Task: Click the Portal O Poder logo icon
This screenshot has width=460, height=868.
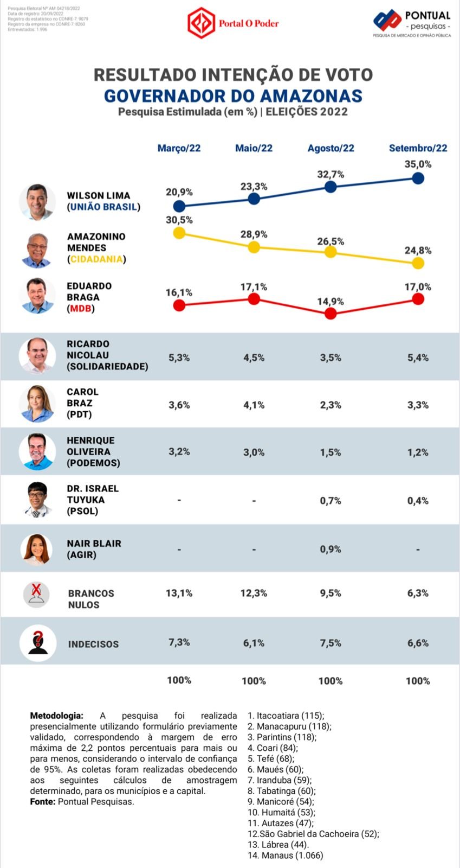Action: coord(201,23)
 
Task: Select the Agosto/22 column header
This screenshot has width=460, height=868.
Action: coord(331,148)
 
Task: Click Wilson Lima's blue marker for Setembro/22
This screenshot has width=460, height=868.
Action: coord(418,178)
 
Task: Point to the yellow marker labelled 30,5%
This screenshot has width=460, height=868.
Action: coord(179,233)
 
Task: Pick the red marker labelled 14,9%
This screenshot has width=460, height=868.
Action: coord(331,313)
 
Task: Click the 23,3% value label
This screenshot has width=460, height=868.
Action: coord(254,187)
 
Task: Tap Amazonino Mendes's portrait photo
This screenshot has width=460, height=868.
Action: coord(37,250)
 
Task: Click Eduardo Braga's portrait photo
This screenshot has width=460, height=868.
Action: coord(37,296)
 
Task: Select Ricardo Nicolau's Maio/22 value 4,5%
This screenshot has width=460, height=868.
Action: coord(254,358)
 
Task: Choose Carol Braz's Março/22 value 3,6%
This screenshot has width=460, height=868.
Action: coord(179,405)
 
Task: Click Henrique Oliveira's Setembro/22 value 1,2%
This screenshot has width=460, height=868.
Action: coord(418,452)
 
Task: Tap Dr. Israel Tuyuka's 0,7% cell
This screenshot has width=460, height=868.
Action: coord(331,501)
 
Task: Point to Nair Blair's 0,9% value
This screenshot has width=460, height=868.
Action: coord(331,549)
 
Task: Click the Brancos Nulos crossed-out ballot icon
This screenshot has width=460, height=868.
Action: coord(37,594)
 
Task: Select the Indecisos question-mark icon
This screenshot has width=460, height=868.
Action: coord(37,643)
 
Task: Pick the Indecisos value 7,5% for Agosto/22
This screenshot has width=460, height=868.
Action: coord(331,643)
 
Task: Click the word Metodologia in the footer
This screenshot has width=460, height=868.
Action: coord(56,716)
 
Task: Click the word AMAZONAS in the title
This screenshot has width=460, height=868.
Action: coord(311,95)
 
